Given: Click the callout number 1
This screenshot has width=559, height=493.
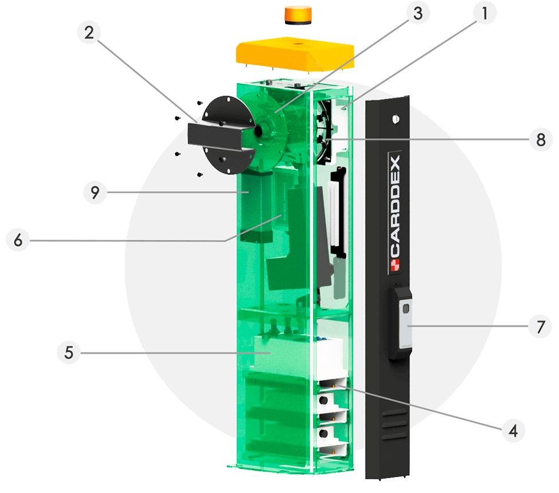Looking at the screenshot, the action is point(484,13).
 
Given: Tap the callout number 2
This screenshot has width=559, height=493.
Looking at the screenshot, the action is point(89,33).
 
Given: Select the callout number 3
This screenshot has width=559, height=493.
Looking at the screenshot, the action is point(418,13).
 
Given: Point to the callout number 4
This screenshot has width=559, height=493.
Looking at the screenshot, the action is point(513,431).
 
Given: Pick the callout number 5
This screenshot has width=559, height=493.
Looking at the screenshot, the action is point(69,353).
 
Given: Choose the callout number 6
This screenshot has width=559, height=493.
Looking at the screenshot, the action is point(18,240).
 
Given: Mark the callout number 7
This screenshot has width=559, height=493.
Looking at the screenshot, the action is point(541,327).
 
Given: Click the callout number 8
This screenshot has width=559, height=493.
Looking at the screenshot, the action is point(541,139).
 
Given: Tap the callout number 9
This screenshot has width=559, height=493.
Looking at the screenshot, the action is point(95,192).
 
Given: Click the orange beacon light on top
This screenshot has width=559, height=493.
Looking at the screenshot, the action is point(298,15).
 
